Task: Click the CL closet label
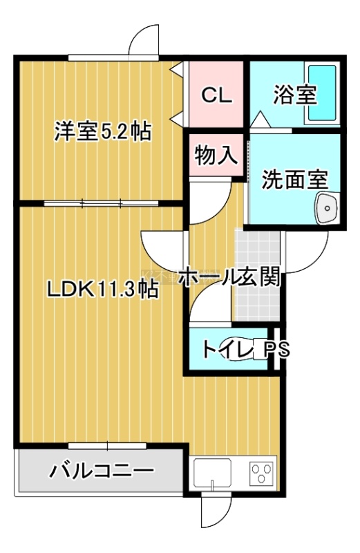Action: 217,95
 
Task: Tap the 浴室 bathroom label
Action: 296,95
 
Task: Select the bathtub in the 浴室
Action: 322,93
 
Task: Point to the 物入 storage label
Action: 216,155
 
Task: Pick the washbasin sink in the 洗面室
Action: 328,208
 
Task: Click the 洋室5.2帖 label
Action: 102,131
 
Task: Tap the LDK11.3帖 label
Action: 102,290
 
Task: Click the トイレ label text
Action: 228,349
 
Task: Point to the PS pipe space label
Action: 277,349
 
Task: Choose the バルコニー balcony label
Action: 102,471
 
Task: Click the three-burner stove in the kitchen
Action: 262,473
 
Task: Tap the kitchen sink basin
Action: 212,473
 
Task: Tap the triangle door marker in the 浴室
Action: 260,119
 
